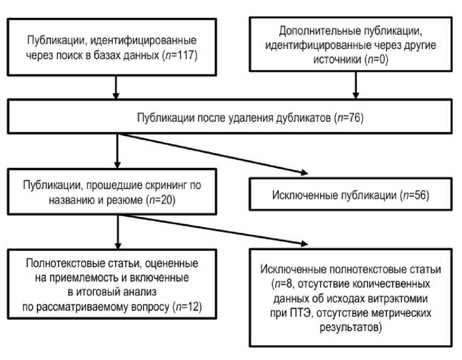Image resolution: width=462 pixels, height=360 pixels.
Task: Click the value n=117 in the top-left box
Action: (180, 55)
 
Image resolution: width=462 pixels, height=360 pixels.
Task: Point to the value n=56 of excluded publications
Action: (416, 195)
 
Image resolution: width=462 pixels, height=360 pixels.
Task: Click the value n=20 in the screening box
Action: (162, 200)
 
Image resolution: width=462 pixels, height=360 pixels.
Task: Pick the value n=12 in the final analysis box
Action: (188, 307)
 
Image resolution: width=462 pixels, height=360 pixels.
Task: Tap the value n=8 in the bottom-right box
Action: (284, 284)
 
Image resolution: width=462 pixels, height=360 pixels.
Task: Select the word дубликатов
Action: (303, 118)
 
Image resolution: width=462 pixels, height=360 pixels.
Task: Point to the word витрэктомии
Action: (398, 299)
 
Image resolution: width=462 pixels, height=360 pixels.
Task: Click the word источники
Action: (337, 59)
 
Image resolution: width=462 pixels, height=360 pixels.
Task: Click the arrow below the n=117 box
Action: (116, 88)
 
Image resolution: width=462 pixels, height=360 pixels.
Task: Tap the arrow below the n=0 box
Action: (356, 85)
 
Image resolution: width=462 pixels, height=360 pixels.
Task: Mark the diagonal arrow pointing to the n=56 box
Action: (213, 154)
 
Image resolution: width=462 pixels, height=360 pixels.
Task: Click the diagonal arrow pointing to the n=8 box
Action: (213, 230)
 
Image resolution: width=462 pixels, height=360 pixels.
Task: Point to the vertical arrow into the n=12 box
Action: (118, 232)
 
